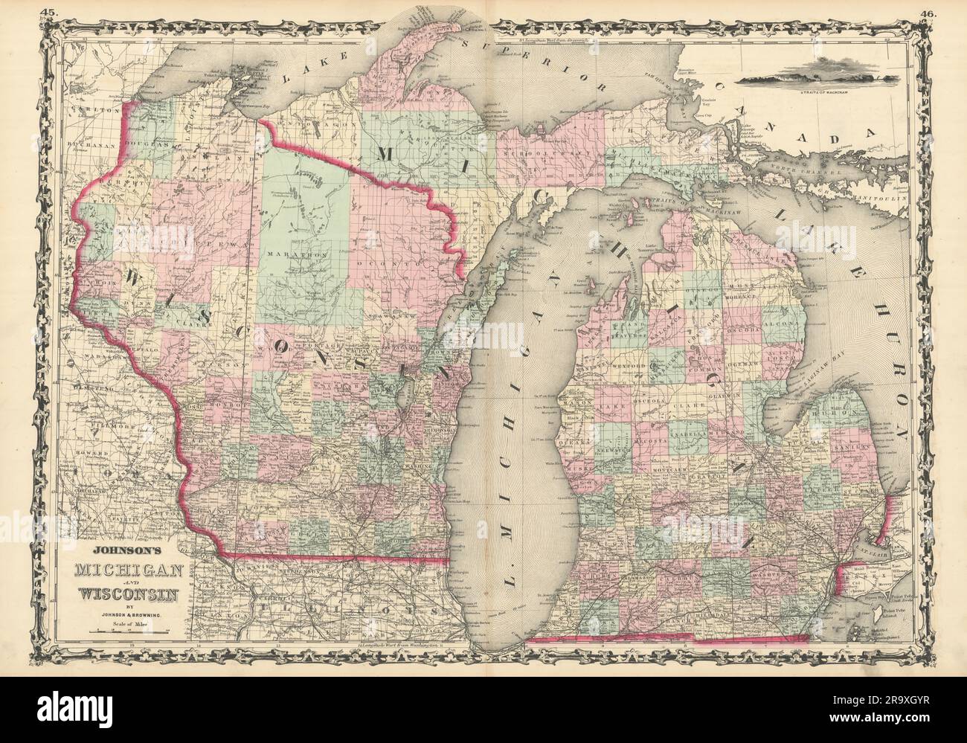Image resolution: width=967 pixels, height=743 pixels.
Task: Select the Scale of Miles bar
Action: point(129,631)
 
